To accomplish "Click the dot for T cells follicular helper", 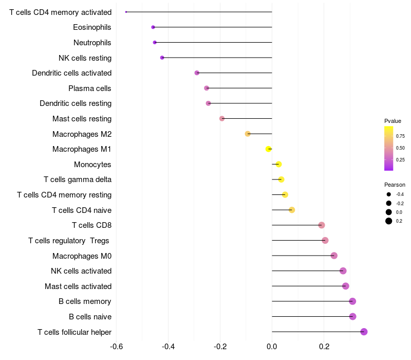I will pos(364,332).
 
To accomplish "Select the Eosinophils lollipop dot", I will pos(153,27).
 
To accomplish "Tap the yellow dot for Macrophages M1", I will pos(268,149).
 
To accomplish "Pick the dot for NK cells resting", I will pos(162,58).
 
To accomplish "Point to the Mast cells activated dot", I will pos(345,286).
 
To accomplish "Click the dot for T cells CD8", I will pos(322,225).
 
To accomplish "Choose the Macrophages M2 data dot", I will pos(248,134).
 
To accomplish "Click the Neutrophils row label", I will pos(92,42).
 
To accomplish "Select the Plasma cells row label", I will pos(90,88).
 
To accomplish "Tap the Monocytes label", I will pos(92,165).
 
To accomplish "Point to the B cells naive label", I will pos(90,317).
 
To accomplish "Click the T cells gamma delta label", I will pos(78,179).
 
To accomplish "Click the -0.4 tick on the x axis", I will pos(168,346).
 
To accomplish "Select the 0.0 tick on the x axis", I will pos(272,346).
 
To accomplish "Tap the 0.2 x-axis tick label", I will pos(324,346).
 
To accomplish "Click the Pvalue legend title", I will pos(393,121).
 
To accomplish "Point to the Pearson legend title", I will pos(395,185).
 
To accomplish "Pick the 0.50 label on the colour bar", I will pos(400,148).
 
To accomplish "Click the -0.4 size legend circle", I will pos(389,194).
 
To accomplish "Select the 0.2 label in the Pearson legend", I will pos(399,221).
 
